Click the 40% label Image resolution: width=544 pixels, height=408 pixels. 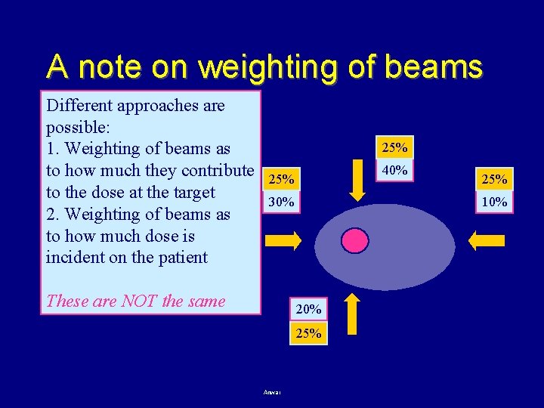coord(395,170)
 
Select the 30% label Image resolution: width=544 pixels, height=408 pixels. coord(282,202)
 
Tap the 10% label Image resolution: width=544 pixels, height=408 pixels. coord(494,202)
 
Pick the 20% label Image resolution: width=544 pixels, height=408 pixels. coord(308,309)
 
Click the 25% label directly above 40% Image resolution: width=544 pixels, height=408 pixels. coord(395,147)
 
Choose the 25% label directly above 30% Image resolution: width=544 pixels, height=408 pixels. coord(282,180)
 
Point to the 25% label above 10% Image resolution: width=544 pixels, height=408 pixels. coord(494,179)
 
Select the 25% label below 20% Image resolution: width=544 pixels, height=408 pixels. coord(308,332)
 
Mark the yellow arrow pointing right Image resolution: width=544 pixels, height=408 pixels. coord(285,241)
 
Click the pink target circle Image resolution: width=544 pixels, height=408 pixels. coord(355,240)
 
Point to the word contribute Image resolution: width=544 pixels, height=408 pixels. coord(215,170)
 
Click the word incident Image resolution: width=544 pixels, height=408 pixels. coord(74,257)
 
